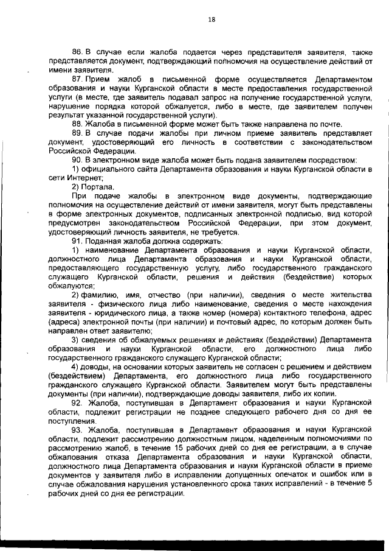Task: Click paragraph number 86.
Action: [76, 53]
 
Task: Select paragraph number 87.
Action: [76, 80]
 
